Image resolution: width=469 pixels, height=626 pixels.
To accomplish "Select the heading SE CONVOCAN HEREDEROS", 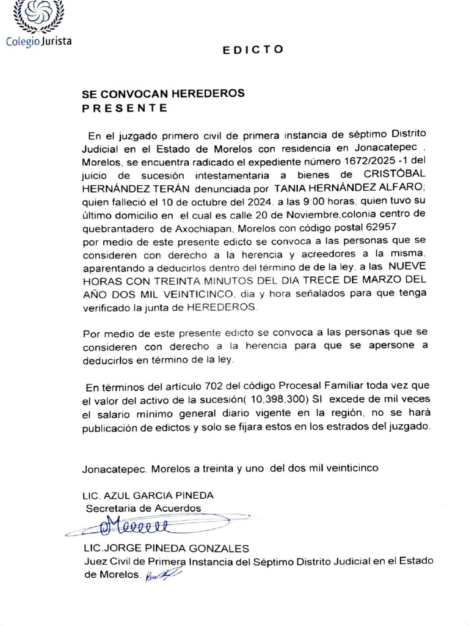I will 163,94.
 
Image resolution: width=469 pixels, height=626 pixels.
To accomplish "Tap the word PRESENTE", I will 125,108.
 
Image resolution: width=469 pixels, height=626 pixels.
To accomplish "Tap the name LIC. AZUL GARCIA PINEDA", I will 148,495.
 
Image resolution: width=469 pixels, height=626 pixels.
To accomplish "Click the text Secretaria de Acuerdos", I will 143,508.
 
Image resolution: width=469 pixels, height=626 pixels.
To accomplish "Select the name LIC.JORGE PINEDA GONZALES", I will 166,548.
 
